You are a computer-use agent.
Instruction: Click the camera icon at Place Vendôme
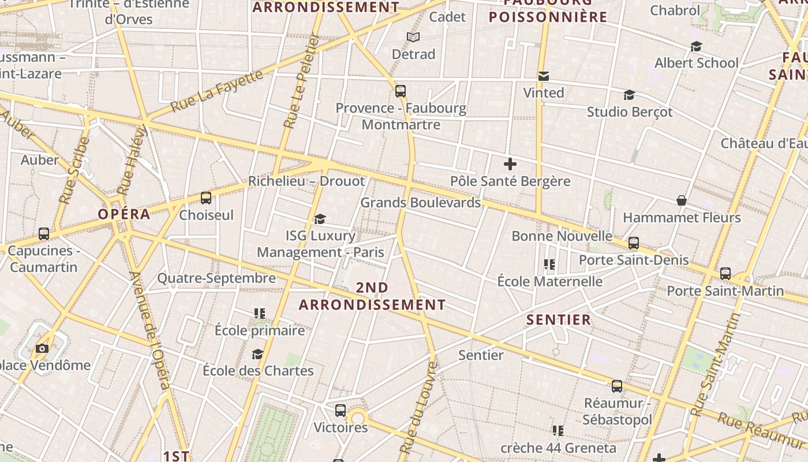coord(42,348)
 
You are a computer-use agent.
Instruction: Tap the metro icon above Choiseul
coord(206,198)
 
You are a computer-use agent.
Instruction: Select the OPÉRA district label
coord(124,214)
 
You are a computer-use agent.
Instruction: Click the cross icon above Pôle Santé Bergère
coord(510,164)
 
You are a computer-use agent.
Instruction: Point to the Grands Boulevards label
coord(420,203)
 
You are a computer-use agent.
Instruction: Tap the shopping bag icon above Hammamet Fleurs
coord(682,200)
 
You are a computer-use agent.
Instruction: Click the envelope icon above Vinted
coord(543,76)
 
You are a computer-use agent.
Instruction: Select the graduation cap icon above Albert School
coord(696,46)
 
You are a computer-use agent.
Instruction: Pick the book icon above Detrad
coord(413,38)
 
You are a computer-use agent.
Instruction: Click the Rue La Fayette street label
coord(217,91)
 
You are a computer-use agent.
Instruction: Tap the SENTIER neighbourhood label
coord(559,319)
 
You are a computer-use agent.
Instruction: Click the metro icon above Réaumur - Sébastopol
coord(617,386)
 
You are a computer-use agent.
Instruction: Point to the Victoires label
coord(341,427)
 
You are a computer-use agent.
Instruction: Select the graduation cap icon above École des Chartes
coord(257,354)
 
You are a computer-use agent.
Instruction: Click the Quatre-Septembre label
coord(216,278)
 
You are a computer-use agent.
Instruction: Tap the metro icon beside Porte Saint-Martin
coord(725,274)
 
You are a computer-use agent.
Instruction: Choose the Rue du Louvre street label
coord(418,407)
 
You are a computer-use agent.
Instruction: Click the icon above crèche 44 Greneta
coord(558,431)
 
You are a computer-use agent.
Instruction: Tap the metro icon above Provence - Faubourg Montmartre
coord(401,91)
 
